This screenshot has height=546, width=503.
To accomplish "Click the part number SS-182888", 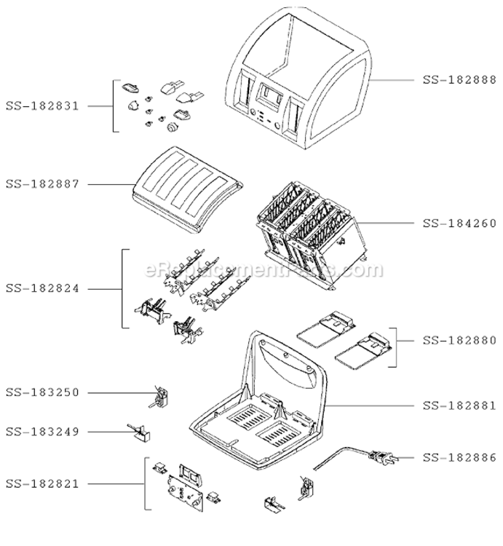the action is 459,80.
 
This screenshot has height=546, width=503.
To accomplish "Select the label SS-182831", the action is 42,106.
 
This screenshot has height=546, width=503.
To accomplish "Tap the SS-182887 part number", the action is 42,184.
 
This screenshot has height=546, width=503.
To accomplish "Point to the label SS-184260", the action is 459,223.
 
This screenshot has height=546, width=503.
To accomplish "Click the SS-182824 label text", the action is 42,288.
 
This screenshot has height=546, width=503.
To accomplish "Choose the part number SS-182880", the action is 459,340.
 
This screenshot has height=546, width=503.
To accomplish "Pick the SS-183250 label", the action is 42,392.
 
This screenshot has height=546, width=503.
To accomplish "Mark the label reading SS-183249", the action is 42,432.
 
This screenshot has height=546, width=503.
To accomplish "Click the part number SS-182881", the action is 459,405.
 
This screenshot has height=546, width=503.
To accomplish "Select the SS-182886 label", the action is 459,458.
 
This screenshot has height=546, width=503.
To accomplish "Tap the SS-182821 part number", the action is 42,483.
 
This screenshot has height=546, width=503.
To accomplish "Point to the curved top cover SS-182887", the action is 187,190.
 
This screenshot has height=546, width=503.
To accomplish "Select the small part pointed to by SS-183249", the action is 140,433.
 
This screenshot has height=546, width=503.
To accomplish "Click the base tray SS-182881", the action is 258,400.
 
